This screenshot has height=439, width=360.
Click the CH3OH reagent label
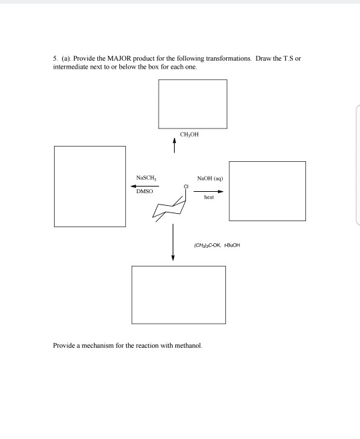189,135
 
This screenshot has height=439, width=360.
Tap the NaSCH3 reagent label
146,178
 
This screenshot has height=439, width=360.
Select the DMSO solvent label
145,191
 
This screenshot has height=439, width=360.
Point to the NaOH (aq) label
210,179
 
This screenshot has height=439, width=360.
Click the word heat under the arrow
209,197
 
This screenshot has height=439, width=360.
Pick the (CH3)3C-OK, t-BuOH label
217,245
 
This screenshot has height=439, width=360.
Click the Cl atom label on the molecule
186,187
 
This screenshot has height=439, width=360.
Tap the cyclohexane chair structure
169,208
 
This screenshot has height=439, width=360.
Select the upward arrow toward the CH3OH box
174,145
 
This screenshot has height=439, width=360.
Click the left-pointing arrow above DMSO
145,186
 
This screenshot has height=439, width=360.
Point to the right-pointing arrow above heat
209,191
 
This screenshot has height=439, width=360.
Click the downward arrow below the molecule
173,242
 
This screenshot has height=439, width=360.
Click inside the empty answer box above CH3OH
193,104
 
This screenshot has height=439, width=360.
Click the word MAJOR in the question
119,59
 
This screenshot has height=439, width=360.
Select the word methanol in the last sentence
188,346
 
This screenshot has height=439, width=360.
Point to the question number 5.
55,59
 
